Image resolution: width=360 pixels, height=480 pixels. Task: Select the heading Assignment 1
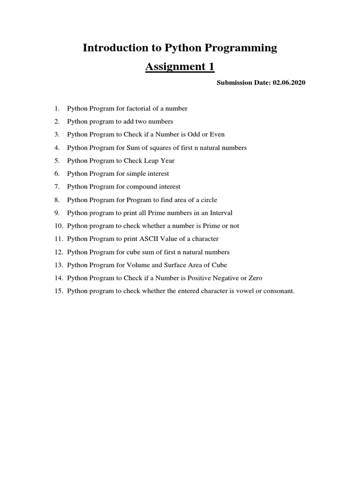(x=180, y=67)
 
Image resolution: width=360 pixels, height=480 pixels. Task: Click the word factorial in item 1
(x=141, y=108)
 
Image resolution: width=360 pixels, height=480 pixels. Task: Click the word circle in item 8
(x=208, y=200)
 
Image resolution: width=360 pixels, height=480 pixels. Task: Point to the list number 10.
(x=58, y=225)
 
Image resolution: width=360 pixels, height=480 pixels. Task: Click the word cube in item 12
(x=132, y=252)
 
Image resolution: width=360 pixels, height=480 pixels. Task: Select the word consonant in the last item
(x=278, y=291)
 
